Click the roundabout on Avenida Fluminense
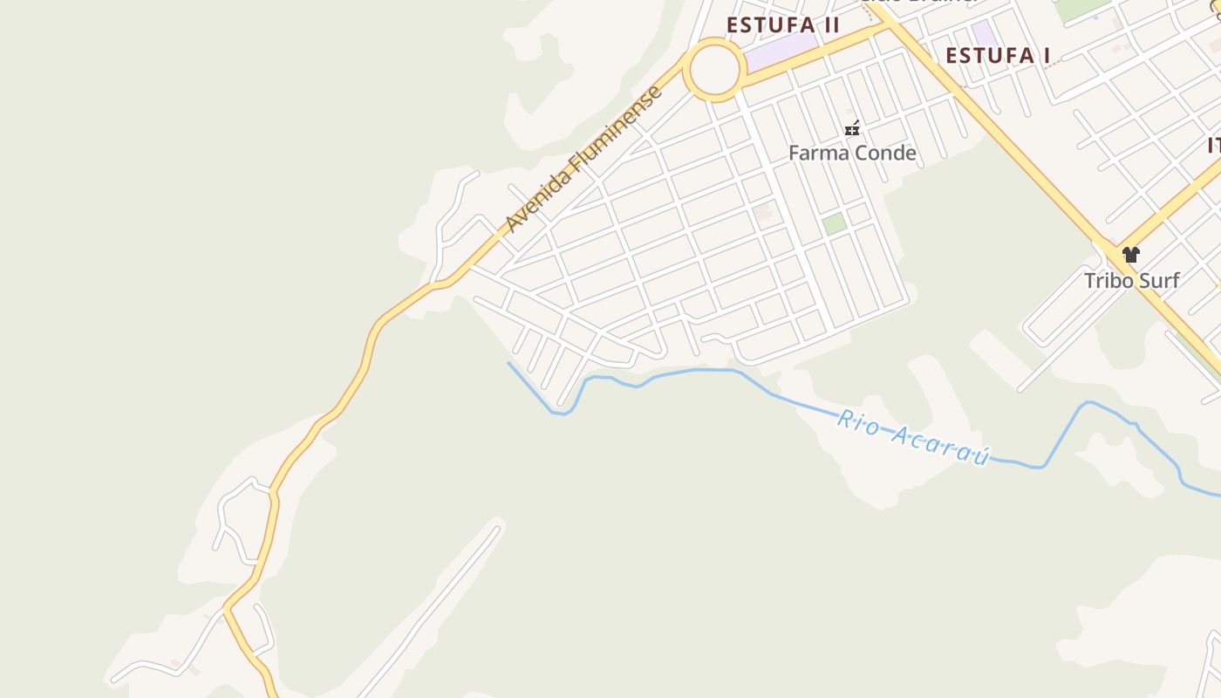tap(714, 69)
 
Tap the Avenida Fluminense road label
tap(584, 160)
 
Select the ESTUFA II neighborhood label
tap(782, 24)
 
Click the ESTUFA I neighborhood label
tap(998, 56)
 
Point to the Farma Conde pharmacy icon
tap(852, 129)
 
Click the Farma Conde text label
tap(852, 154)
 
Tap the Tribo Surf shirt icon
tap(1131, 255)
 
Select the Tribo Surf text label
tap(1131, 280)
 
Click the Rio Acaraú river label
tap(914, 436)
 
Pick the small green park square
tap(834, 222)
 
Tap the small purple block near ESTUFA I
tap(985, 35)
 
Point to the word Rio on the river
tap(856, 421)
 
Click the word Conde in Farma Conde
tap(884, 154)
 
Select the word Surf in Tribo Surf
tap(1158, 280)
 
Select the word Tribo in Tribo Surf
tap(1108, 280)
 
